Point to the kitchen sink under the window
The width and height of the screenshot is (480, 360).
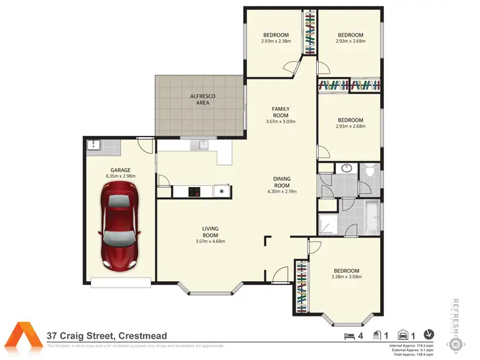[203, 145]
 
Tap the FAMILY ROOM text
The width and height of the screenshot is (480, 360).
[281, 111]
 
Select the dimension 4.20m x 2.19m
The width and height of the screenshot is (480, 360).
[281, 192]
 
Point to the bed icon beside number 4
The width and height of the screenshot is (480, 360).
[349, 334]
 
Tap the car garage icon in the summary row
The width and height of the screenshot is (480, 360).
[404, 334]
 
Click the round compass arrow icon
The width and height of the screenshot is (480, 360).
[430, 334]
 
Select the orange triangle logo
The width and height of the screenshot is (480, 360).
[24, 334]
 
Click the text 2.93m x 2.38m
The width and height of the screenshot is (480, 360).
[276, 42]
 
